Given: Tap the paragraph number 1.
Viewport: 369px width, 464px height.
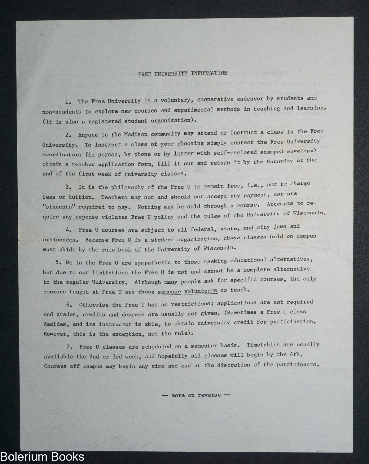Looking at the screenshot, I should [x=67, y=101].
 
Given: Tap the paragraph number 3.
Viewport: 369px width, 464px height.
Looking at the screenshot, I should [x=68, y=187].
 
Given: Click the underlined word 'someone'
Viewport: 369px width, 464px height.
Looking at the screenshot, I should [x=169, y=291].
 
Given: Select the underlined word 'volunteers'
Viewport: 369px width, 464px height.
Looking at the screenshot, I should [x=201, y=291].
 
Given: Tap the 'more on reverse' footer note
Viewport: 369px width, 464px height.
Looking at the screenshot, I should [x=196, y=395].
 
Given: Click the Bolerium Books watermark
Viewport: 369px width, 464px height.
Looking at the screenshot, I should [x=42, y=457].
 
